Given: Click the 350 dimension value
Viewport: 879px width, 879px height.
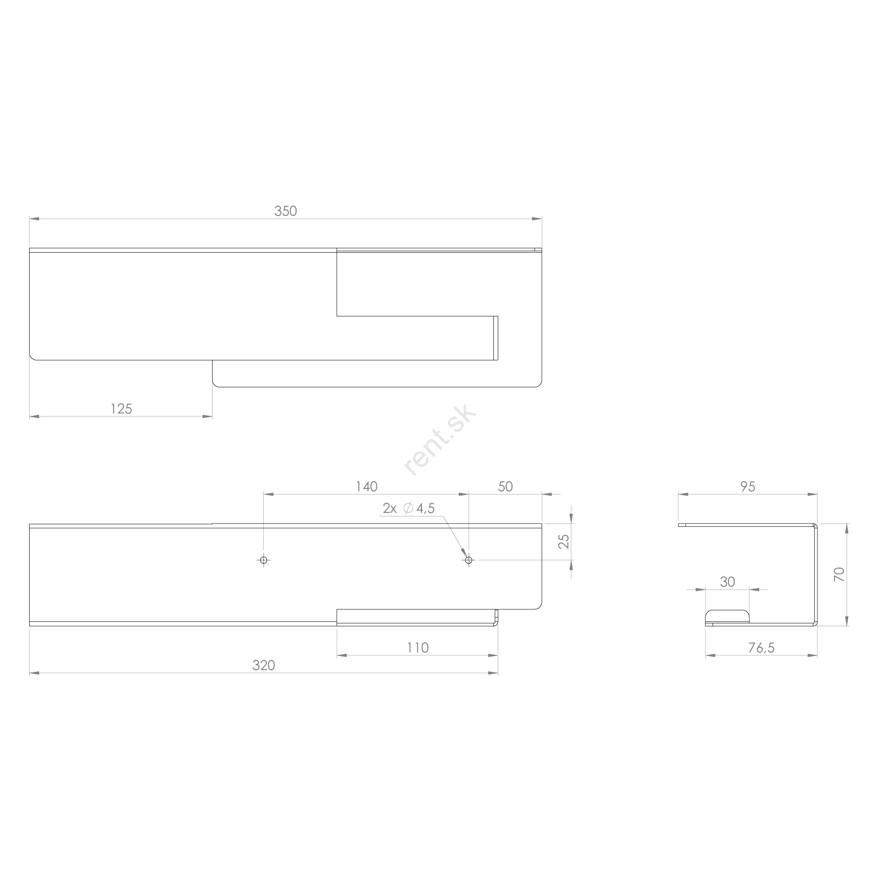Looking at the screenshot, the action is point(286,211).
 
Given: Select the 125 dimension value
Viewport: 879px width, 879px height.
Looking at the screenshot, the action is point(121,409).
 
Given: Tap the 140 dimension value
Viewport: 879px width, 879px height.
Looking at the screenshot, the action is point(366,487).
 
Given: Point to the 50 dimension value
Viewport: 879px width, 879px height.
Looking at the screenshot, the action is point(505,487).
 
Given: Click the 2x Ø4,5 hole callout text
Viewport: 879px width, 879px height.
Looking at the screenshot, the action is point(409,509).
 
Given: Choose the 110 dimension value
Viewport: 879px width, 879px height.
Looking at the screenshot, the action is point(418,648).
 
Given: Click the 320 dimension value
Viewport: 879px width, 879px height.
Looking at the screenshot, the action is point(264,665).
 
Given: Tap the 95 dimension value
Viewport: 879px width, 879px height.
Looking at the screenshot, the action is point(748,487).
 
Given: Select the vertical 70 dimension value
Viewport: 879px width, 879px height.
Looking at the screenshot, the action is point(839,575).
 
